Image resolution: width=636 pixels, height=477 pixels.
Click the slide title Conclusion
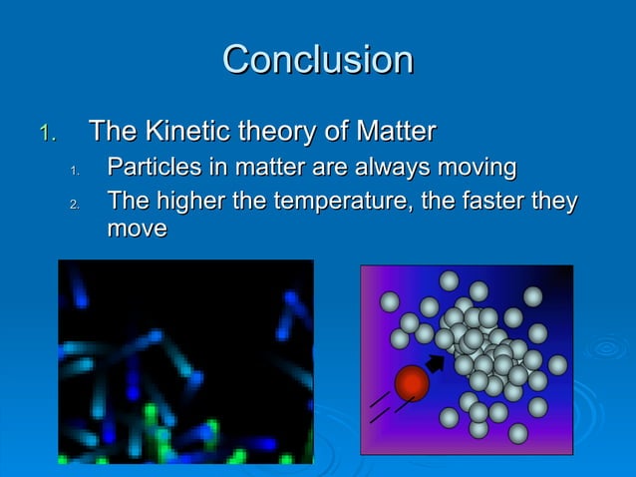click(x=317, y=60)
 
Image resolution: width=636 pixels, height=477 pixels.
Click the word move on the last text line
click(x=137, y=230)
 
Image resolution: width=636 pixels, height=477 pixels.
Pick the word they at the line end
click(x=554, y=203)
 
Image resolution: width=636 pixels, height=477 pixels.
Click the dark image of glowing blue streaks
click(x=185, y=361)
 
